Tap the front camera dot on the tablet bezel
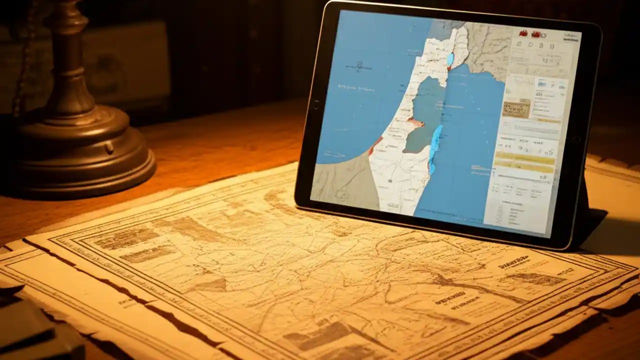315,105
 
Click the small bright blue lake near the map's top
450,59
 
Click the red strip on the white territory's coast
375,145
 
